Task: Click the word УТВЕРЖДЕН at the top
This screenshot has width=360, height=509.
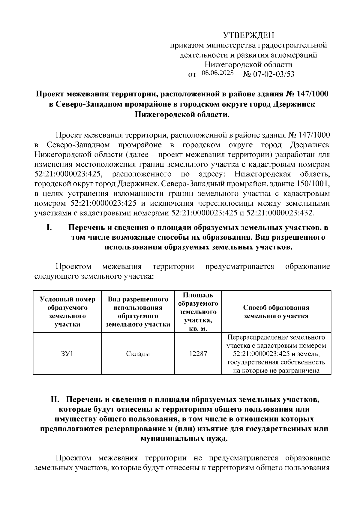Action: tap(249, 36)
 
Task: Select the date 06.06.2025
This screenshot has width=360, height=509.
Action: tap(218, 73)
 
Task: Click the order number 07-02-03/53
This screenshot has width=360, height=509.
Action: tap(274, 74)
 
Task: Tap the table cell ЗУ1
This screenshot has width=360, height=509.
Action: tap(67, 354)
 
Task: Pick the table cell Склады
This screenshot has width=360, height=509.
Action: tap(138, 354)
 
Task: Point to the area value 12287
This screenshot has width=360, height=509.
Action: tap(198, 354)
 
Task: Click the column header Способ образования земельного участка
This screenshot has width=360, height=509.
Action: tap(276, 312)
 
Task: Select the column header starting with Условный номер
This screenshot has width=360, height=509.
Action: tap(67, 312)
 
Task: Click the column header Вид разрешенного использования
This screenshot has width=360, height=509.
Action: tap(138, 312)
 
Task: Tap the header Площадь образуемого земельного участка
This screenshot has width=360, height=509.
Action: tap(198, 312)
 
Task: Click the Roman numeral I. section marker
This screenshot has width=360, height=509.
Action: tap(49, 228)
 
